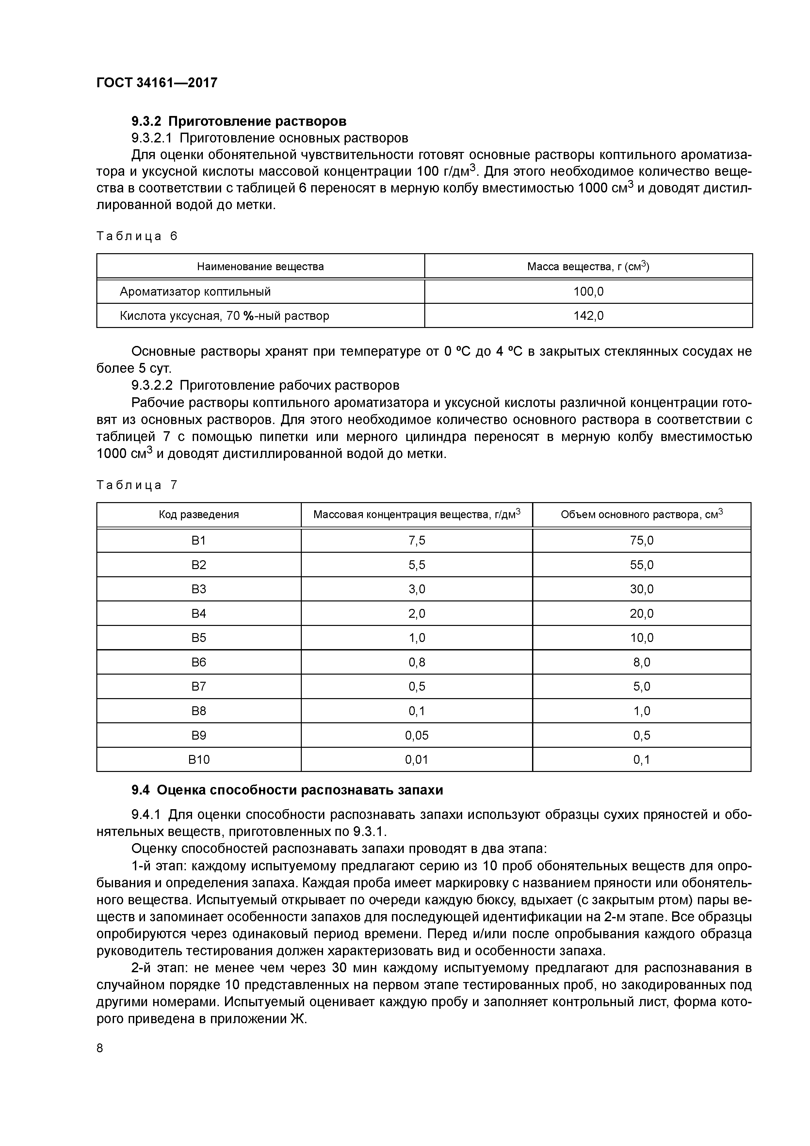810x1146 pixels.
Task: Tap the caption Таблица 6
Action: click(x=137, y=236)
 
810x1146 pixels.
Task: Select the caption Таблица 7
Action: click(x=137, y=485)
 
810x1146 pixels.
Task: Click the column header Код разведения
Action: click(x=199, y=515)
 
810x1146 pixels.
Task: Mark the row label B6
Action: click(x=199, y=662)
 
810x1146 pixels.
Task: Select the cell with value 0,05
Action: click(x=417, y=735)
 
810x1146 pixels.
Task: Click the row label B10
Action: click(x=199, y=760)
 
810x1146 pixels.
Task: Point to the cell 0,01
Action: click(x=417, y=760)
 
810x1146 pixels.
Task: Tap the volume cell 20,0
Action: click(x=641, y=614)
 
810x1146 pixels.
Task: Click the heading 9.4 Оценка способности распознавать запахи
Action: click(x=287, y=790)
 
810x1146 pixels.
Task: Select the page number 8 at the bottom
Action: click(x=100, y=1048)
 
